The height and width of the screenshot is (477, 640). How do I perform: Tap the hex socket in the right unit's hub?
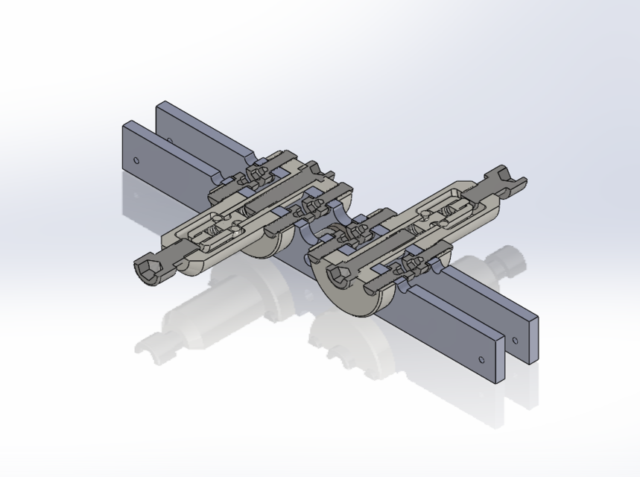tap(338, 277)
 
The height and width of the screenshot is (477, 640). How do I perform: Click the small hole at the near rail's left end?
tap(136, 159)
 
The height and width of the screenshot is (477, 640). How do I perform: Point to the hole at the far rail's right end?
tap(515, 341)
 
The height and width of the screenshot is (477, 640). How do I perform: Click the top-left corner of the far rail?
tap(159, 104)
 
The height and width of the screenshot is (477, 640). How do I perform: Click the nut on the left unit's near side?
tap(313, 201)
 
